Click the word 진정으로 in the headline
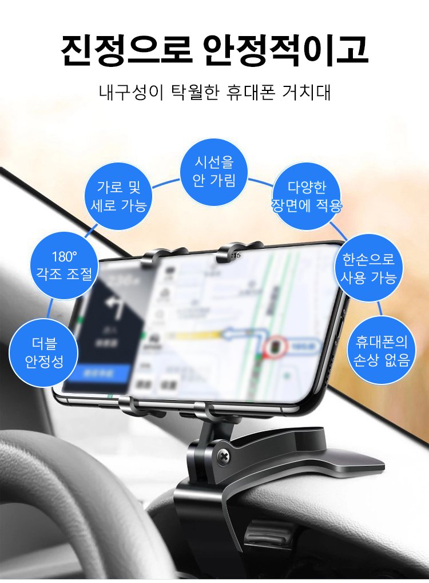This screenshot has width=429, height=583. coord(126,50)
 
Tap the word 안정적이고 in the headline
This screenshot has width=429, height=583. coord(285,50)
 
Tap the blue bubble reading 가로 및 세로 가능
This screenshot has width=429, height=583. coord(119,196)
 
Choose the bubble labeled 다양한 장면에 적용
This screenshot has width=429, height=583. coord(307,196)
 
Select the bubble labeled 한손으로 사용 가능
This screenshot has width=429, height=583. coord(369,268)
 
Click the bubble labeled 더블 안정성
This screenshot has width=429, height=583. coord(44,352)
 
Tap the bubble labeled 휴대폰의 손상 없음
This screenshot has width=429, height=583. coord(382,350)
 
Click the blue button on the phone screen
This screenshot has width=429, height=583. coord(97,373)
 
